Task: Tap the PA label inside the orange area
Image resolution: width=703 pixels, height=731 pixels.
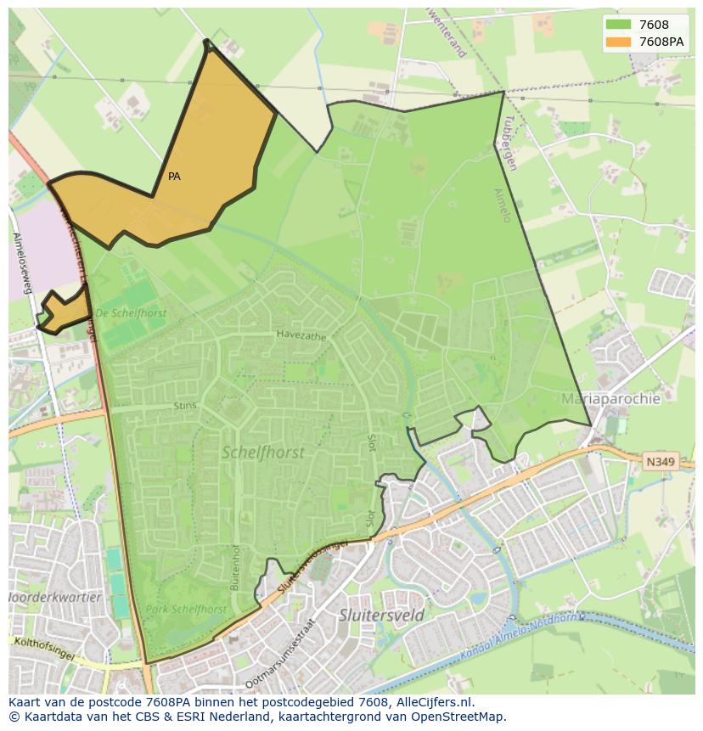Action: coord(174,177)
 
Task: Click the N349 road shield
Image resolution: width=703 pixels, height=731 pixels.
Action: coord(660,462)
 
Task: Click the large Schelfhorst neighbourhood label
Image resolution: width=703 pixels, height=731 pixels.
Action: coord(262,453)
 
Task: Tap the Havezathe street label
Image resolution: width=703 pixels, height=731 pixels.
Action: coord(301,335)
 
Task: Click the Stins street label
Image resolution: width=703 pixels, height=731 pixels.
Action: coord(184,406)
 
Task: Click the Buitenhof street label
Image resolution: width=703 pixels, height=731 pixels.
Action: coord(234,568)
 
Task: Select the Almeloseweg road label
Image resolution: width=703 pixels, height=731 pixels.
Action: coord(21,263)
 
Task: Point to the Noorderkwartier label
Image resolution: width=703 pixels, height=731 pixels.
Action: coord(55,597)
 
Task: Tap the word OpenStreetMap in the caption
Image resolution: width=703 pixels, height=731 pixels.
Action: coord(462,716)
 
